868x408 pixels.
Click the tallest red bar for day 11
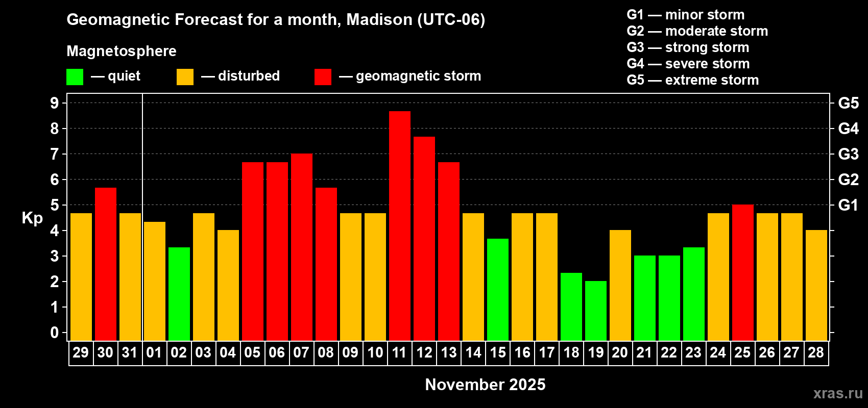coord(399,225)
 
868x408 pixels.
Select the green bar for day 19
coord(595,311)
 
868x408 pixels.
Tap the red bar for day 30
coord(105,264)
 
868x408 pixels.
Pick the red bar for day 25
coord(742,272)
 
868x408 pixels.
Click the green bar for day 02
coord(179,294)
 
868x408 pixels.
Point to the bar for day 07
coord(301,247)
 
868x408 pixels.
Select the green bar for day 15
coord(497,289)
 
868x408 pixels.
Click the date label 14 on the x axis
coord(473,352)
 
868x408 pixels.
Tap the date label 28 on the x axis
coord(816,352)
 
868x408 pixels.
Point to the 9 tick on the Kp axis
coord(55,103)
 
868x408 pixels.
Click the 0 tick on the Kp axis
coord(55,333)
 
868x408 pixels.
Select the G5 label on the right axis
coord(848,103)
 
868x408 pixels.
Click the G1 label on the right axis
coord(848,205)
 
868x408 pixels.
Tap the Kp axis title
coord(32,218)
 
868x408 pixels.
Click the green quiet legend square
coord(75,77)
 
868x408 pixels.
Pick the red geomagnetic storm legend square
coord(323,77)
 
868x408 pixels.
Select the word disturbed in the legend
coord(249,76)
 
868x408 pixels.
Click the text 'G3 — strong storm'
coord(688,47)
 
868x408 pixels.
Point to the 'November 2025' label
coord(485,385)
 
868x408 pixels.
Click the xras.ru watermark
coord(837,393)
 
